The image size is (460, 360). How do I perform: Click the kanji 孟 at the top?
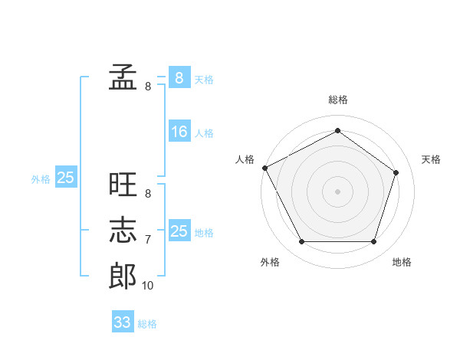click(x=123, y=77)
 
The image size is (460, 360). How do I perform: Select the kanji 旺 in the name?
click(x=123, y=184)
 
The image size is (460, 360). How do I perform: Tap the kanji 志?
click(x=123, y=230)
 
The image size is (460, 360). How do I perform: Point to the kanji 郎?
click(x=123, y=276)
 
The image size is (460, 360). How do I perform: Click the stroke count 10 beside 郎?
click(x=147, y=286)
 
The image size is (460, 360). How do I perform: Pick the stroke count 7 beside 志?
click(x=148, y=240)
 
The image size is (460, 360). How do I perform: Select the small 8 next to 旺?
click(x=148, y=194)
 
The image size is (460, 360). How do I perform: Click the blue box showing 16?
click(x=179, y=131)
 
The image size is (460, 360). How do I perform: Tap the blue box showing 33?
click(x=123, y=321)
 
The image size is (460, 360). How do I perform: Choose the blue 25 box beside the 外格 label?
click(x=66, y=176)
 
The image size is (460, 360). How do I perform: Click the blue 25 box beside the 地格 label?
click(x=179, y=230)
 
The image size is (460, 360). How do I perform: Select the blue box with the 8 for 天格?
click(x=179, y=77)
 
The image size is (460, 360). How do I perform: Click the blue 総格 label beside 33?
click(x=147, y=324)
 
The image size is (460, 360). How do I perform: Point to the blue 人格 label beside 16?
click(x=204, y=133)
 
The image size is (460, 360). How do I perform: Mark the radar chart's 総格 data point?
click(x=337, y=130)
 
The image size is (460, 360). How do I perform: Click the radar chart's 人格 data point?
click(x=265, y=168)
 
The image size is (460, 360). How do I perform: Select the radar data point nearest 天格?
click(x=396, y=172)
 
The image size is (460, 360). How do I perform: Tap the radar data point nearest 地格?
click(x=373, y=241)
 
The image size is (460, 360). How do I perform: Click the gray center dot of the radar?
click(x=337, y=191)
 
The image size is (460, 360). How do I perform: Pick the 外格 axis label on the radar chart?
click(x=270, y=262)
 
